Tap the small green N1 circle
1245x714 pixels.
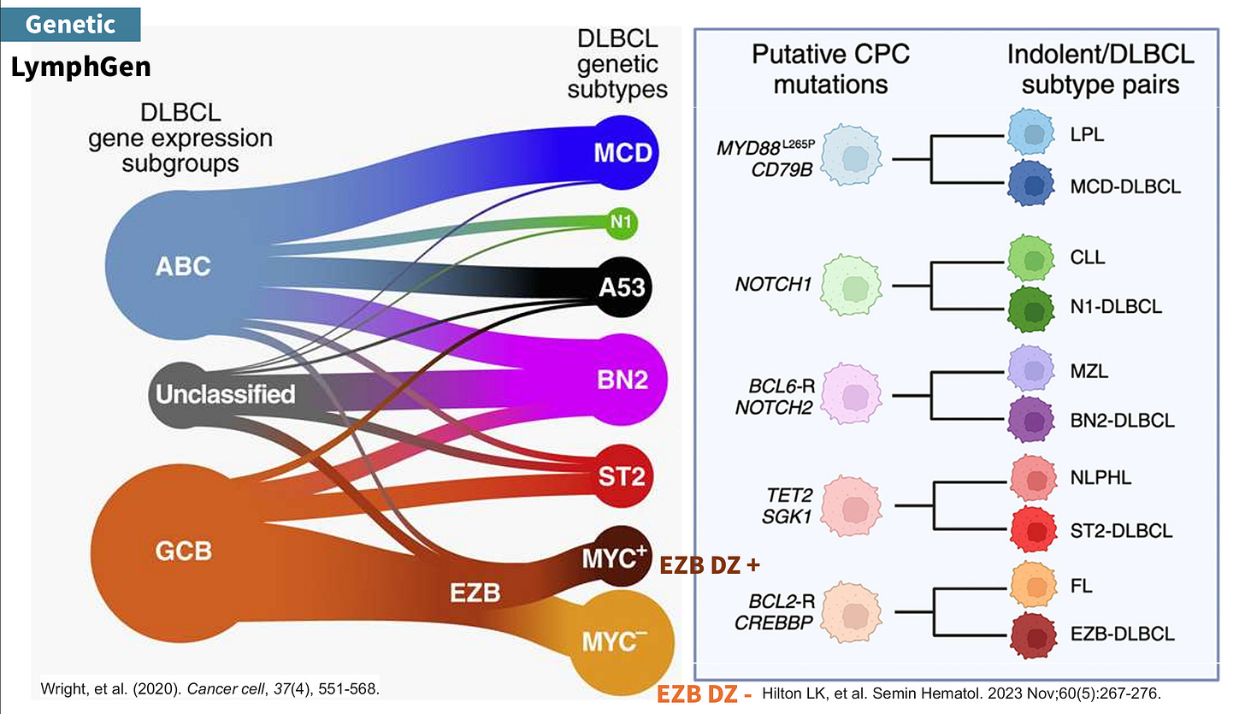click(621, 221)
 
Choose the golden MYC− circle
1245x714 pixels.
click(628, 640)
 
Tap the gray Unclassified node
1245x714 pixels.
click(224, 393)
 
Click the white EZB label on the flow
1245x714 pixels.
click(475, 591)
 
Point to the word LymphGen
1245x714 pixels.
click(80, 67)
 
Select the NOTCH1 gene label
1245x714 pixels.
click(772, 284)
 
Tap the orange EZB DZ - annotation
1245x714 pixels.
click(704, 693)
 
